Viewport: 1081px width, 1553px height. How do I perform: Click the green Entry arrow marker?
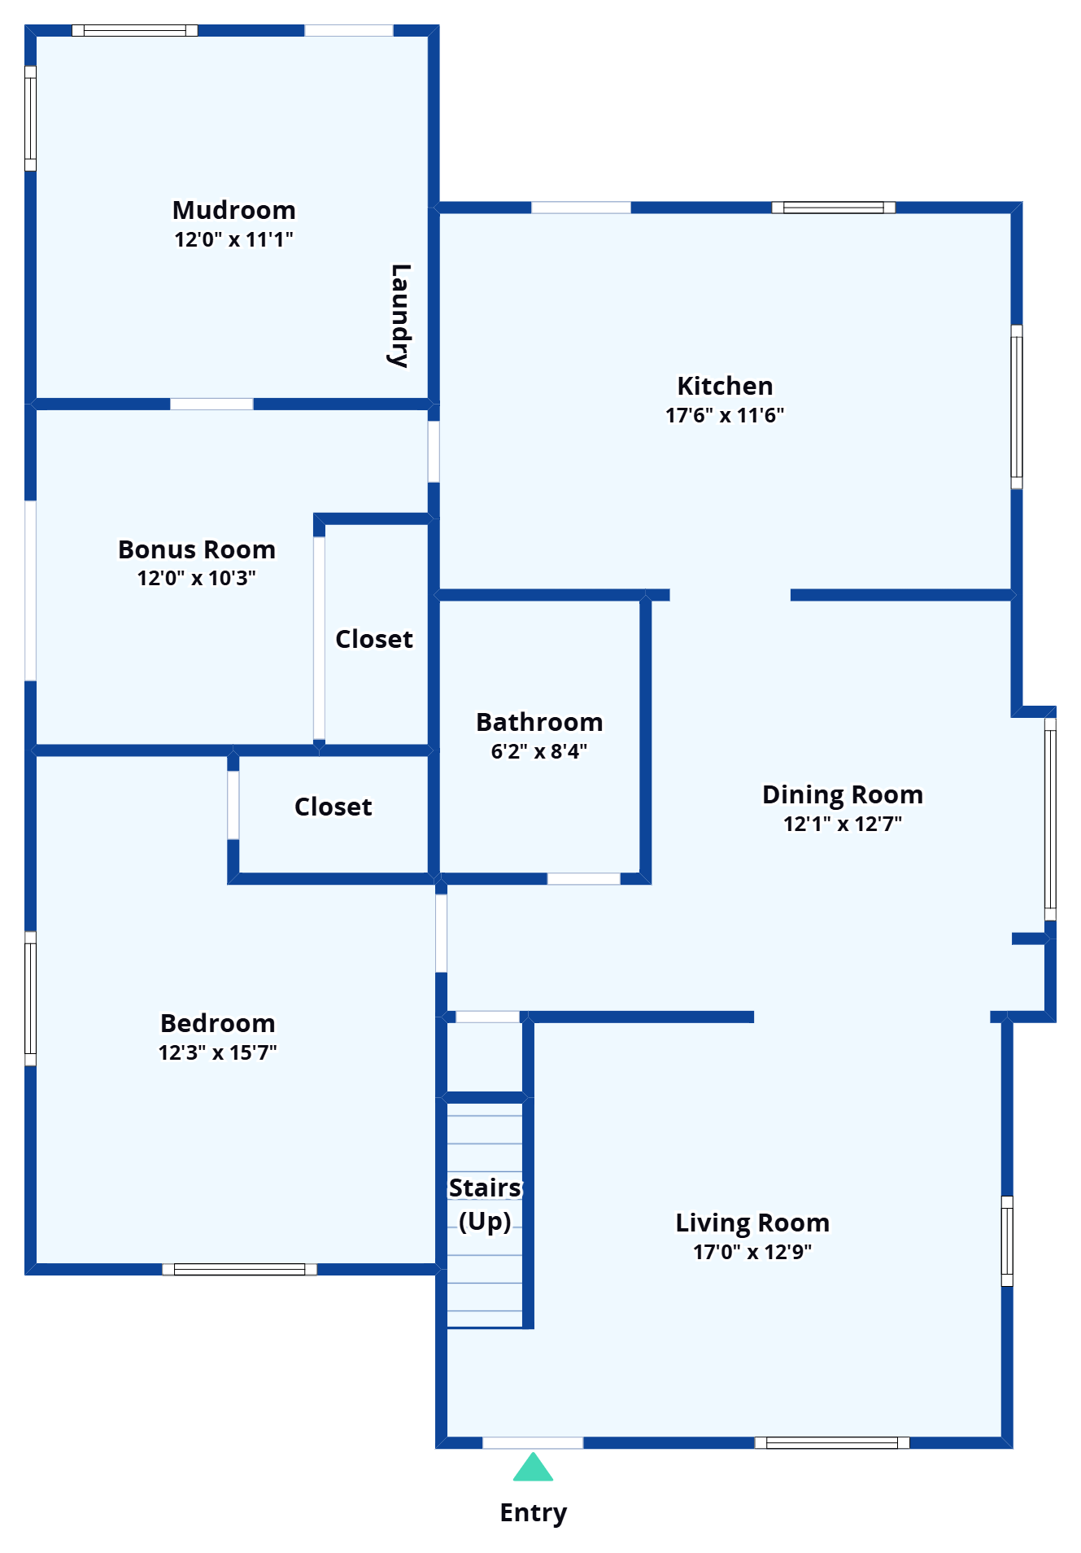tap(533, 1467)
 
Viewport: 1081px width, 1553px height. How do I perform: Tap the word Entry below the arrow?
tap(534, 1513)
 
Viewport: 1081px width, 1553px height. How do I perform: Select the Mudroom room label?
tap(234, 210)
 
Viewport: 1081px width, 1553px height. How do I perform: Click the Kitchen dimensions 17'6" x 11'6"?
tap(725, 415)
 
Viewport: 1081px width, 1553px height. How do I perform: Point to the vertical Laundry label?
tap(399, 315)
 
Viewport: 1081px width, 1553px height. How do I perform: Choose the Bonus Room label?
tap(197, 549)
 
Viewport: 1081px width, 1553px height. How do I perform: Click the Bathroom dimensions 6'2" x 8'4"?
tap(539, 751)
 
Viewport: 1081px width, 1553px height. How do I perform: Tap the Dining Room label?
tap(843, 795)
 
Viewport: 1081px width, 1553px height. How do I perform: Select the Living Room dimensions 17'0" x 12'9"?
tap(752, 1252)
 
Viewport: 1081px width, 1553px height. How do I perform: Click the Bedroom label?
tap(218, 1023)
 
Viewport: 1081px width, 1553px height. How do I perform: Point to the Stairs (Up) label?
tap(486, 1205)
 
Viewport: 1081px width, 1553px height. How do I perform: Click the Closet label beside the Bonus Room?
tap(374, 639)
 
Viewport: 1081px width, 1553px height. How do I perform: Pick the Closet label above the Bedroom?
tap(333, 807)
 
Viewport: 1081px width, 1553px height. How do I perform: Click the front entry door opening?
tap(533, 1443)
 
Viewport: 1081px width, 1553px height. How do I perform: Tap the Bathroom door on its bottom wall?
tap(584, 878)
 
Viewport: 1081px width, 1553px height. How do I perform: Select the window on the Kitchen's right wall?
tap(1017, 407)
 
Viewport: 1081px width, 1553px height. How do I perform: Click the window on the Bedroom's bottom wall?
tap(240, 1269)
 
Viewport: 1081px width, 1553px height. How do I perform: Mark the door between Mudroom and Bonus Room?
tap(211, 404)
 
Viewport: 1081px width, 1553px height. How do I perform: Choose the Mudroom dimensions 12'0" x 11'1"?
tap(234, 239)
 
